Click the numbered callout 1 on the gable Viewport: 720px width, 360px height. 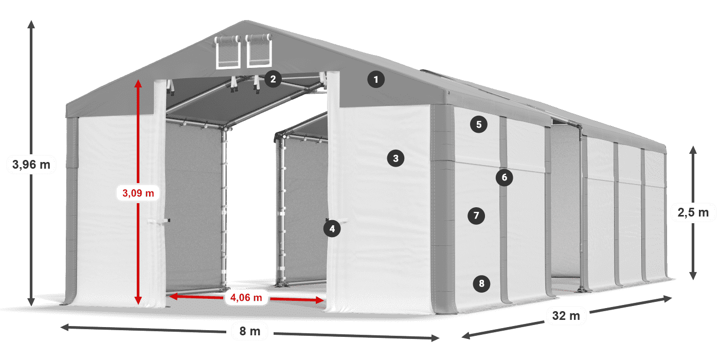[376, 79]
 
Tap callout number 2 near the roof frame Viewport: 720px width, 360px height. [273, 79]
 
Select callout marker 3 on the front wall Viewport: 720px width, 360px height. [395, 158]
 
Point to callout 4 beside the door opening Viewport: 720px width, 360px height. [332, 229]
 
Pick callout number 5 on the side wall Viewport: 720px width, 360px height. [479, 124]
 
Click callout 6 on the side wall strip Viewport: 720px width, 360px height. [504, 177]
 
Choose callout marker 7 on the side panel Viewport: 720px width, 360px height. [476, 215]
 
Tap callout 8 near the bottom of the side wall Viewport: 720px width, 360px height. [481, 283]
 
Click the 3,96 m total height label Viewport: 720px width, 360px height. [31, 165]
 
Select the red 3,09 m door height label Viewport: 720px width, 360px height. [138, 193]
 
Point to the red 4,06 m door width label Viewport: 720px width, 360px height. [246, 297]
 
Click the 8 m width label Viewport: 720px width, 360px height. [250, 331]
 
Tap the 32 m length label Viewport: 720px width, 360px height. [566, 316]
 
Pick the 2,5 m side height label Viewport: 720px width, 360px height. [693, 212]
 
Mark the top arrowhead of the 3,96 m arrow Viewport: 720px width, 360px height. [31, 24]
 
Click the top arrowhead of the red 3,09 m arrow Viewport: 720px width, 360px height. [138, 83]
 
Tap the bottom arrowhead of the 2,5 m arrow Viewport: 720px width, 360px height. [693, 276]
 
